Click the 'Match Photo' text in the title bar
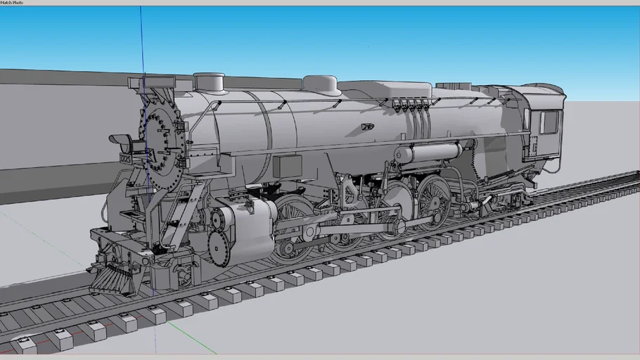coord(11,3)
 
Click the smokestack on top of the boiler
coord(208,82)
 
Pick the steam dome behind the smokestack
coord(321,85)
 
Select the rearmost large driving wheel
coord(433,202)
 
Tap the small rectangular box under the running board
coord(286,167)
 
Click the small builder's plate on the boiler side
coord(367,127)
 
